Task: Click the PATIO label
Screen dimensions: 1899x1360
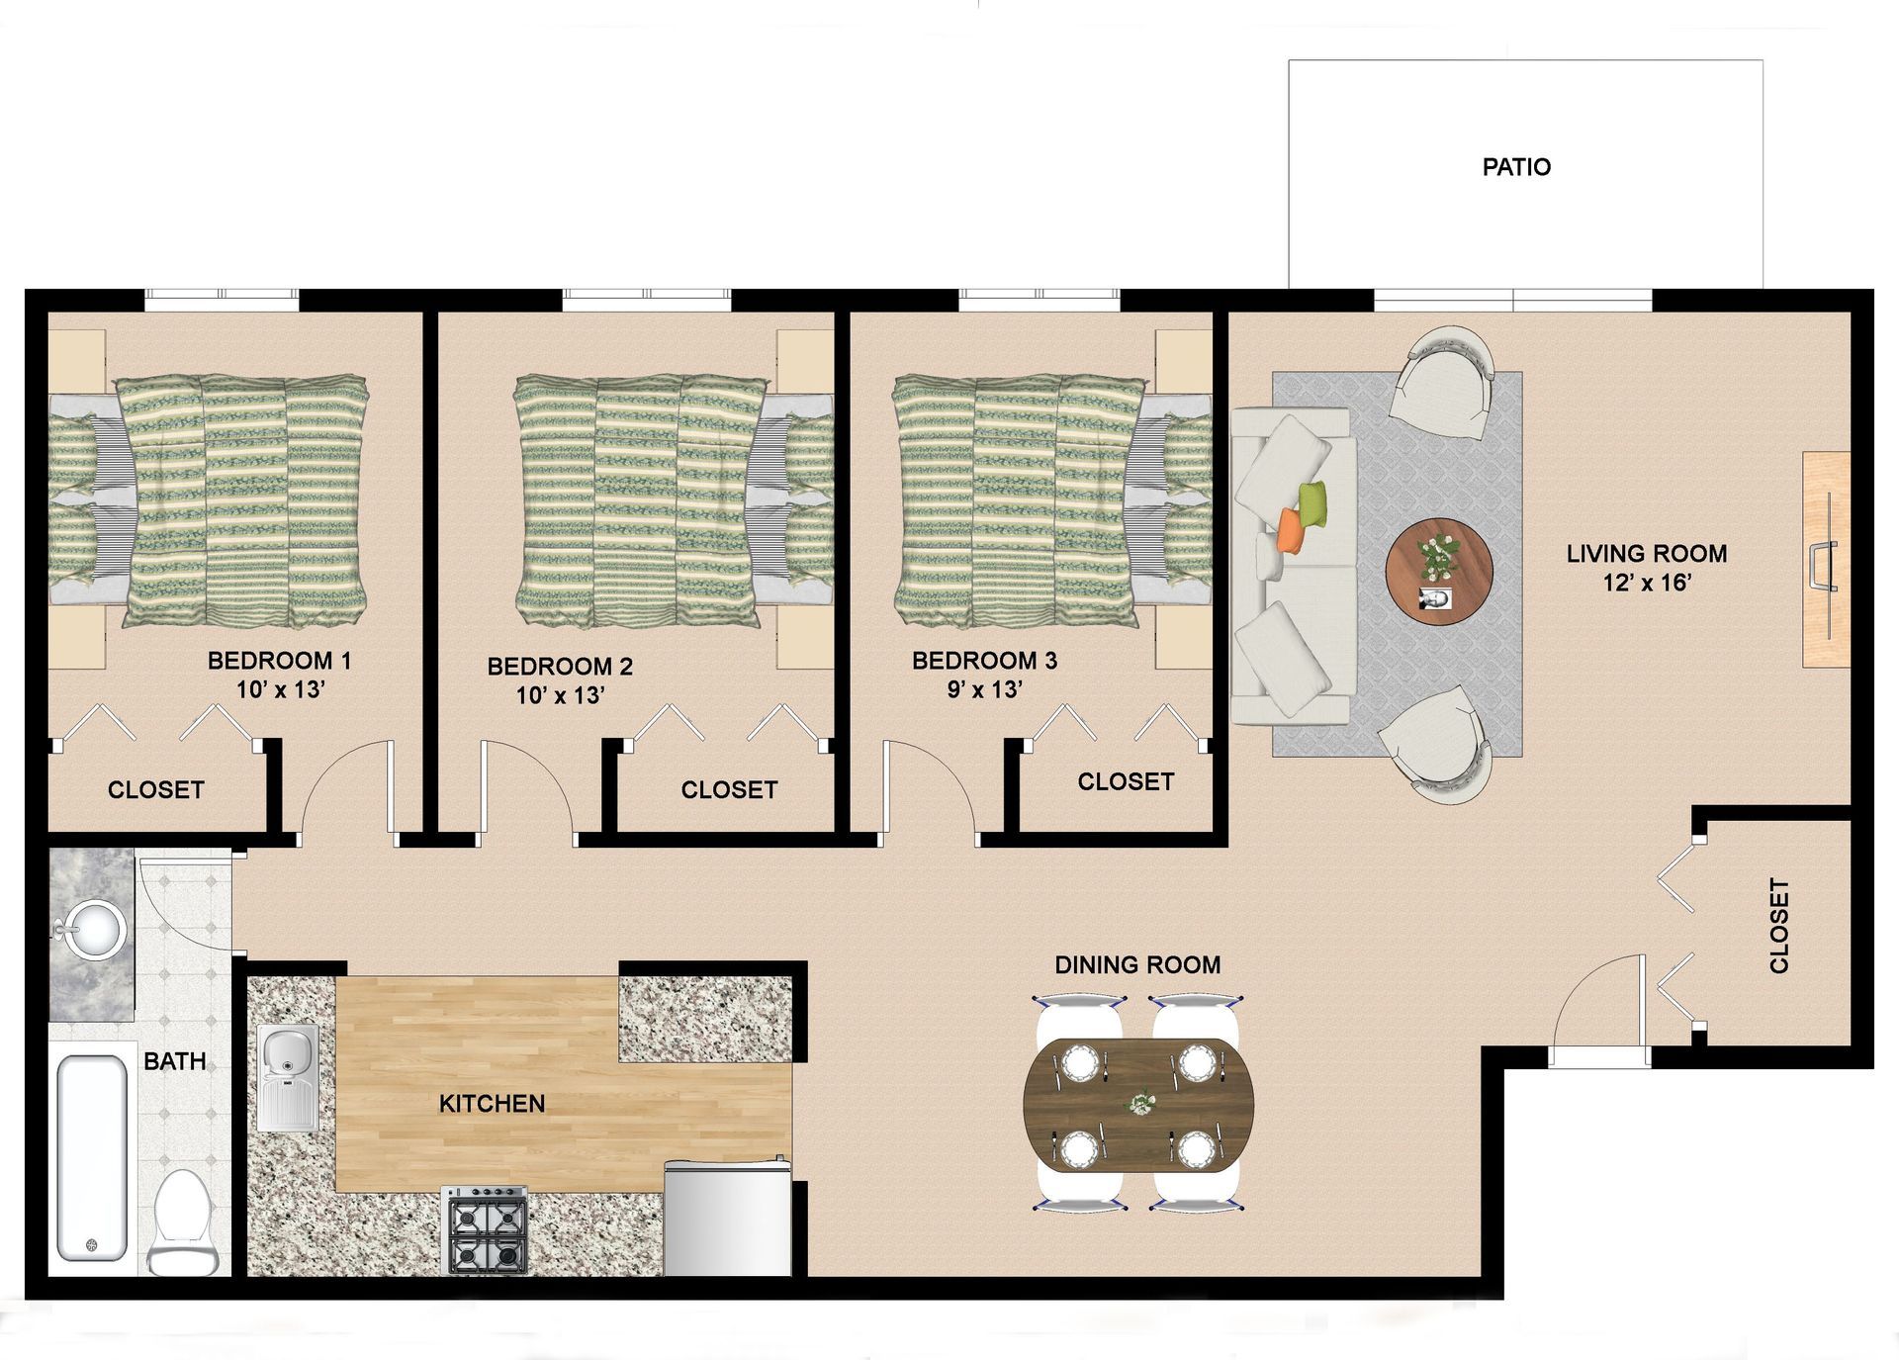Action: (x=1516, y=167)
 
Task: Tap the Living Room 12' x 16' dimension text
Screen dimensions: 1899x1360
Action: (x=1647, y=583)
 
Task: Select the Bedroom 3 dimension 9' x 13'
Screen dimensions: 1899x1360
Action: (x=984, y=689)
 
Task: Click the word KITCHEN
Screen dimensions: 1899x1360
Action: (x=492, y=1103)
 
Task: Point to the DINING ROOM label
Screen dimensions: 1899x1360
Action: (x=1137, y=964)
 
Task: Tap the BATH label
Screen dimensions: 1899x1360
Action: (x=175, y=1061)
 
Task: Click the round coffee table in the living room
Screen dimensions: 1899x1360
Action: (x=1438, y=571)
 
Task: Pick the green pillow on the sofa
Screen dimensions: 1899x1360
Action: (x=1312, y=505)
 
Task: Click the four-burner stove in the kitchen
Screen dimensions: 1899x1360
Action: (x=484, y=1229)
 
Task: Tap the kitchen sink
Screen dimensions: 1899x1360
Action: (x=288, y=1077)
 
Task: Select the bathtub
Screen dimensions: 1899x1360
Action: (x=92, y=1157)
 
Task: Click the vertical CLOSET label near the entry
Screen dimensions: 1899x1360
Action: (x=1778, y=926)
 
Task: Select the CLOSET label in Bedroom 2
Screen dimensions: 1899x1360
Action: (x=729, y=789)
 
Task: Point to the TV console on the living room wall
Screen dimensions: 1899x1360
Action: (x=1826, y=560)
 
